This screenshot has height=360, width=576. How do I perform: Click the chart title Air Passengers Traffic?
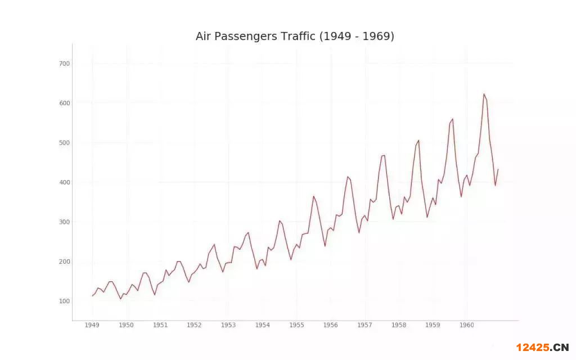[295, 37]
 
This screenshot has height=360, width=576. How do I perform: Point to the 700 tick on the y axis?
[64, 64]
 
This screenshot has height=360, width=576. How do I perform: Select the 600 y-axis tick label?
[64, 103]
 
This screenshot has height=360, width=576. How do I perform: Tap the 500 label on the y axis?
[64, 143]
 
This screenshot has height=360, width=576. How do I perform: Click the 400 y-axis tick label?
[64, 182]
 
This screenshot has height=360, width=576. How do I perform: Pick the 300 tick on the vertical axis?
[64, 222]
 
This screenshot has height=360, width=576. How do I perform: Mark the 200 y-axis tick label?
[64, 262]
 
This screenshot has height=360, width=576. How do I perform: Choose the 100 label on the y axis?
[64, 301]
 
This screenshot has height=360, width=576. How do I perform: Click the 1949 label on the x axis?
[92, 325]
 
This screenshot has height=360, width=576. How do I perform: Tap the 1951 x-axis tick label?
[160, 325]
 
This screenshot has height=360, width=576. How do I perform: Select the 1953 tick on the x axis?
[228, 325]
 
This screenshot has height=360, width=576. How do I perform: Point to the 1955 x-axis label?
[296, 325]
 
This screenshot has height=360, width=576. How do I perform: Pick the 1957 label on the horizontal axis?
[364, 325]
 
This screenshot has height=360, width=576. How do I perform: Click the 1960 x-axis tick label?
[466, 325]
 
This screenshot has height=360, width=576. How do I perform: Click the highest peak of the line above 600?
[484, 94]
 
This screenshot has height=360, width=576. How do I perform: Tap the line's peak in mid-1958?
[418, 140]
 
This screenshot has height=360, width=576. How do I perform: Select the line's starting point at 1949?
[92, 296]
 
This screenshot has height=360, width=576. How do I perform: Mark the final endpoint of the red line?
[498, 169]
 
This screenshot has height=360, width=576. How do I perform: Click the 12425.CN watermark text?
[542, 347]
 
